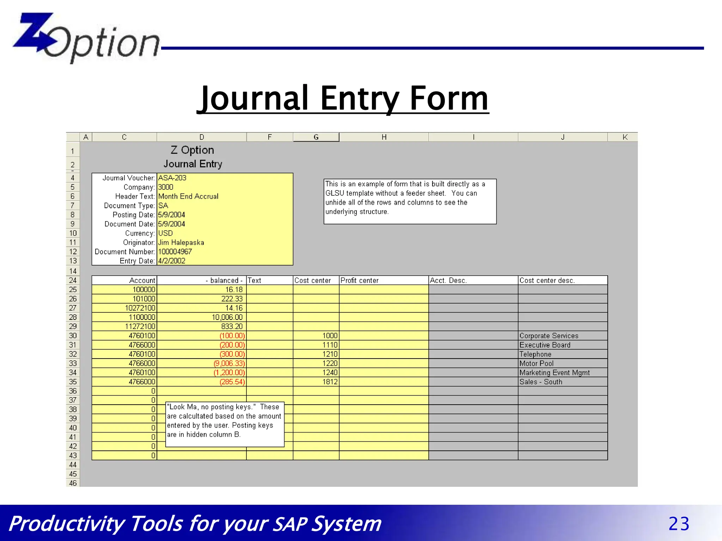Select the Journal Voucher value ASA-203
point(172,178)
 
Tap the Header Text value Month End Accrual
point(188,197)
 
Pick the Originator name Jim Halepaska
point(181,243)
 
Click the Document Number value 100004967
point(175,252)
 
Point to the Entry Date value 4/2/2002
point(172,261)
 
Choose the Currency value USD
point(165,234)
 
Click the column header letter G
point(316,137)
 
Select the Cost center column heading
point(312,281)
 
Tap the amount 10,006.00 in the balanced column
point(227,317)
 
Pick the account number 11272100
point(140,327)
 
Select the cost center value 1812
point(330,382)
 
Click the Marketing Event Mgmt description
point(554,373)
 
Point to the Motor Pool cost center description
point(536,363)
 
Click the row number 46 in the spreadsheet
point(73,483)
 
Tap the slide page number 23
point(679,524)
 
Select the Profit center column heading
point(359,281)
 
